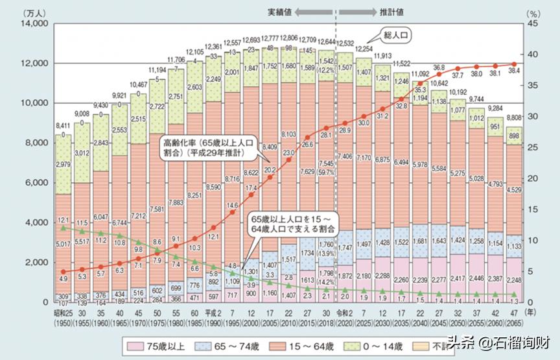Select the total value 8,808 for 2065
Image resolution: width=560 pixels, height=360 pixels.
tap(513, 119)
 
